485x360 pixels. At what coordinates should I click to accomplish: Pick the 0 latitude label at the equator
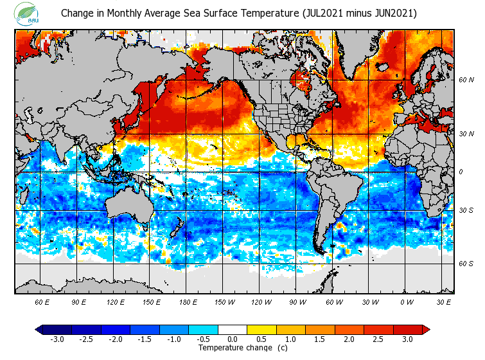pos(460,172)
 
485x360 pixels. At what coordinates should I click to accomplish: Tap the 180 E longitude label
pos(188,301)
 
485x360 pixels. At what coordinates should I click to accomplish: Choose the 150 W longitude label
pos(224,301)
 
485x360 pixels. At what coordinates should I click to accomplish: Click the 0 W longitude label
pos(407,301)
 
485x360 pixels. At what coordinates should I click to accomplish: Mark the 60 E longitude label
pos(42,301)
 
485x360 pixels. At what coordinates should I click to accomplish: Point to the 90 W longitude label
pos(297,301)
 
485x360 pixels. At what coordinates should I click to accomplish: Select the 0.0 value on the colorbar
pos(233,339)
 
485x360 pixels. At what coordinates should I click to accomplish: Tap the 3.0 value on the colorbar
pos(407,339)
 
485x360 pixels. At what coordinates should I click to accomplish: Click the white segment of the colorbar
pos(233,329)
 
